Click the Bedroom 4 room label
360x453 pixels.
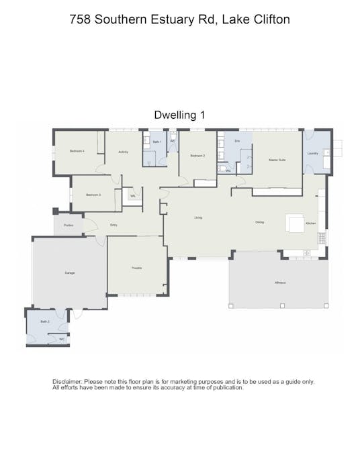pos(77,151)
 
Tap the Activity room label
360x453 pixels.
pos(123,152)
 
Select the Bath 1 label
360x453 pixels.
pos(156,142)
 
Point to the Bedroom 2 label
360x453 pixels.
pos(197,156)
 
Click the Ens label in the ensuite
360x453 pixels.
pos(236,142)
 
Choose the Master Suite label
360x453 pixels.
pos(277,160)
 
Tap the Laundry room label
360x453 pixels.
pos(312,153)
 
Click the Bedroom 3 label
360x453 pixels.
pos(93,195)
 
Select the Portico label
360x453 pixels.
pos(68,225)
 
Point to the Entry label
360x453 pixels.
pos(114,225)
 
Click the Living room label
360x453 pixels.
pos(198,217)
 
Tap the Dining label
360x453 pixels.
pos(259,222)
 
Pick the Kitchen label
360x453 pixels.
pos(311,223)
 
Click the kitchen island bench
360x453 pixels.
pos(294,222)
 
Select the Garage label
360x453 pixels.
pos(69,273)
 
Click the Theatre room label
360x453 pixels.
pos(136,268)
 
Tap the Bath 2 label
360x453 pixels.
pos(44,321)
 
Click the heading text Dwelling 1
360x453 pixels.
pos(179,115)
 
